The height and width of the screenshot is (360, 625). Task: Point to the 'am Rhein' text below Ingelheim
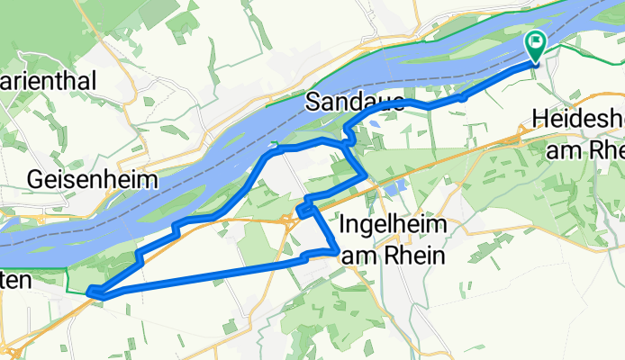pyautogui.click(x=394, y=256)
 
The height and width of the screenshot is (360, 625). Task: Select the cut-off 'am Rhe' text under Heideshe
pyautogui.click(x=584, y=150)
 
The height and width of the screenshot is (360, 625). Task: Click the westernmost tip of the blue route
pyautogui.click(x=90, y=290)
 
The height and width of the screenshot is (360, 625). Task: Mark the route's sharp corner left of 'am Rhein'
pyautogui.click(x=337, y=250)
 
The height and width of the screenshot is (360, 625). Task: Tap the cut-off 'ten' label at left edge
pyautogui.click(x=15, y=281)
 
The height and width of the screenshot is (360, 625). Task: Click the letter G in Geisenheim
pyautogui.click(x=37, y=179)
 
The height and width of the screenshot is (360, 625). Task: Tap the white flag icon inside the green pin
pyautogui.click(x=537, y=40)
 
